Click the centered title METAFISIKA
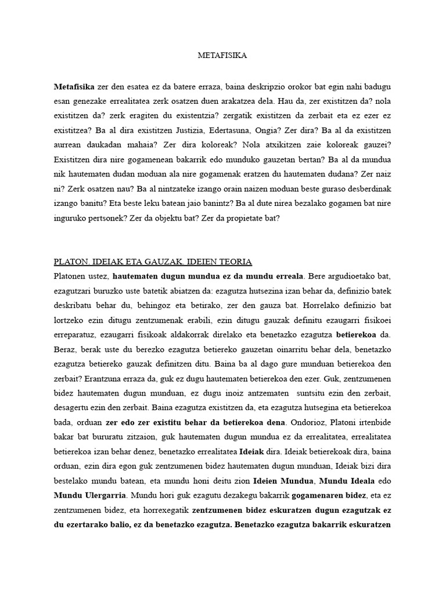click(x=222, y=56)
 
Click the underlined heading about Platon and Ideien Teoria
click(x=153, y=262)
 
